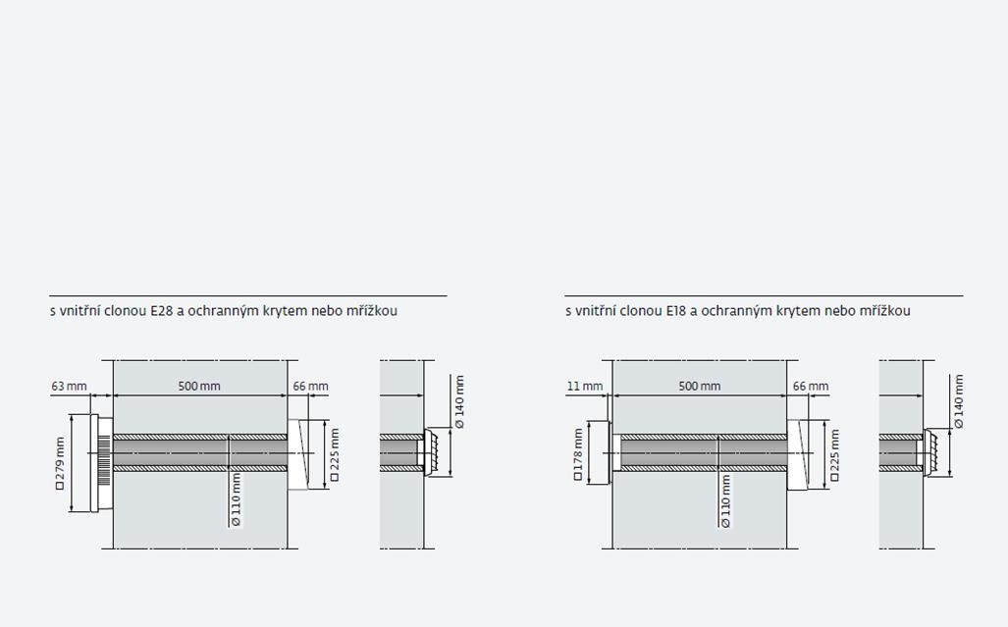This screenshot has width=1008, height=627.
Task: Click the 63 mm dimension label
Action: point(69,386)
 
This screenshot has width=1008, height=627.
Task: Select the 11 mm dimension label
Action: point(585,386)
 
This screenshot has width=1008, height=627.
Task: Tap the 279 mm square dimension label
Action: point(60,463)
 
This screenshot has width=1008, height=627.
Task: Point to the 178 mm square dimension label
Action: point(577,455)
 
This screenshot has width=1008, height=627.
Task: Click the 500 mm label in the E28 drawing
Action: point(199,386)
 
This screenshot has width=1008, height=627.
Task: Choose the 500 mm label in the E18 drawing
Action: point(700,386)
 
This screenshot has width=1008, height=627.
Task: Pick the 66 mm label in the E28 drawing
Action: point(310,386)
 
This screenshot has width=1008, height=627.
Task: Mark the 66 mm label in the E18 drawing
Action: point(811,386)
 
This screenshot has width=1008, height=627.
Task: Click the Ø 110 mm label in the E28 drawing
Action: point(236,500)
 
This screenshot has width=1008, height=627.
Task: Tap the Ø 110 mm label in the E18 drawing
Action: point(725,501)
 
